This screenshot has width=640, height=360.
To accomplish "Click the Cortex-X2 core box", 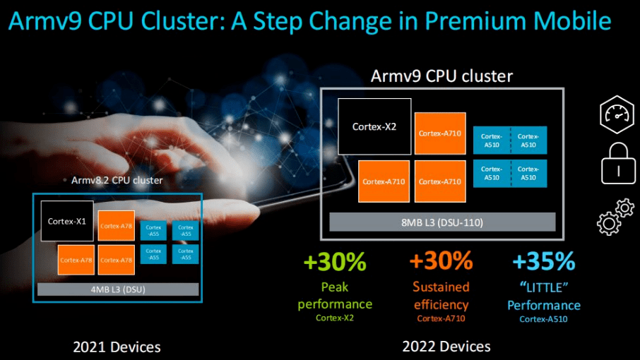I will [374, 126].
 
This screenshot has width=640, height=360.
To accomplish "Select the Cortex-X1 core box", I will [67, 221].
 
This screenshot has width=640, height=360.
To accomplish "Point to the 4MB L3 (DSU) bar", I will [118, 288].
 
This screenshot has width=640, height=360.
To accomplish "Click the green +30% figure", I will [335, 262].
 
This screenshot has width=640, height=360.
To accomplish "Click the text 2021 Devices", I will [117, 347].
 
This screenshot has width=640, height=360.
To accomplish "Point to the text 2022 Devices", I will [446, 347].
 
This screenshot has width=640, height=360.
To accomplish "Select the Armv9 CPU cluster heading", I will [442, 76].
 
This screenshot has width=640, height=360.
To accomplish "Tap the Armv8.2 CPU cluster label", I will [117, 180].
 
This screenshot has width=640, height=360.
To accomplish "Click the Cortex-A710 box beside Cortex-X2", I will [440, 133].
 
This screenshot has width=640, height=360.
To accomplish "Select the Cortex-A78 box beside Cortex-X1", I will [117, 226].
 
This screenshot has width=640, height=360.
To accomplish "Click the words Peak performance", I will [335, 296].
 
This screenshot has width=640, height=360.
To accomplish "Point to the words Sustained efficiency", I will [441, 296].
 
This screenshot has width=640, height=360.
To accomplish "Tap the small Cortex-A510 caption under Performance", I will [543, 318].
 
